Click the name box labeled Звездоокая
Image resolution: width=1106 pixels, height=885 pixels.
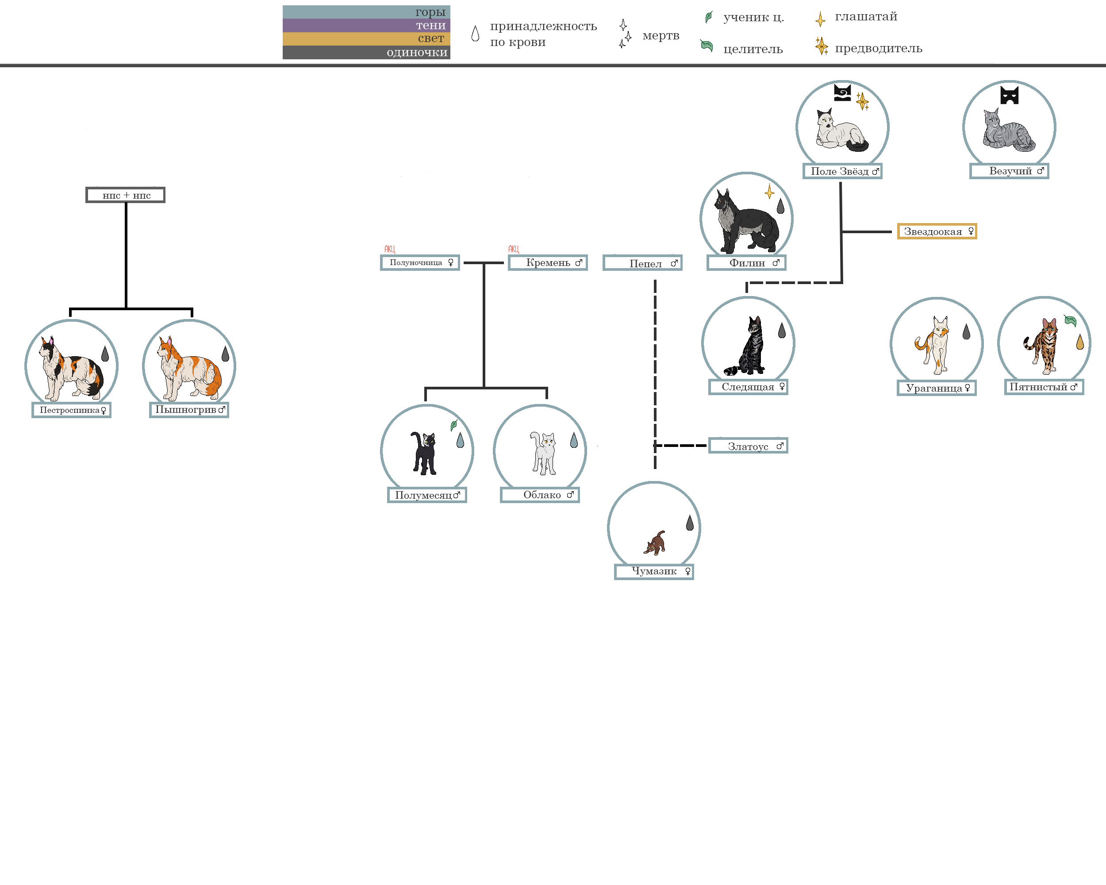click(936, 231)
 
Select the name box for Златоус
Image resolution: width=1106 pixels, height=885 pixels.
click(748, 446)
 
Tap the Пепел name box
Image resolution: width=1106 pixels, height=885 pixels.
click(642, 263)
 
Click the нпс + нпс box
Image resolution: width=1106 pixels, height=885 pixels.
click(126, 195)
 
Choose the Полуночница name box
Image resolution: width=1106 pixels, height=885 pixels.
click(420, 263)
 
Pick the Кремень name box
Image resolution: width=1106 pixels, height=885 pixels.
click(547, 263)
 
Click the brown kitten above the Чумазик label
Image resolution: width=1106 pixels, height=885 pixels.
click(655, 543)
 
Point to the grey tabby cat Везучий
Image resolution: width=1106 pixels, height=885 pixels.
click(1007, 131)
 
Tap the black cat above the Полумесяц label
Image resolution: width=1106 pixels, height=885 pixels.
click(424, 453)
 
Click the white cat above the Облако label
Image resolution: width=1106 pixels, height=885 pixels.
click(543, 453)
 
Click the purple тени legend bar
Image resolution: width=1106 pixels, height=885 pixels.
click(366, 25)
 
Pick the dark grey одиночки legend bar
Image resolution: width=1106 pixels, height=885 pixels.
click(366, 52)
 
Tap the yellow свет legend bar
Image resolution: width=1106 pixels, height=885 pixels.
click(366, 38)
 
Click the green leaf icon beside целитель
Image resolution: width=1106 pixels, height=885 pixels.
click(707, 46)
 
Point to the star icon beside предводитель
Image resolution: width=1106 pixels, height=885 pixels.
click(821, 46)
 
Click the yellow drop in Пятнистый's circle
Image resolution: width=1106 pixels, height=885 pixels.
click(1080, 342)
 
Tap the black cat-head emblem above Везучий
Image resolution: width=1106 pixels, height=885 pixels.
click(1009, 96)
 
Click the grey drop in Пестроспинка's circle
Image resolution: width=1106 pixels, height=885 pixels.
click(105, 354)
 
